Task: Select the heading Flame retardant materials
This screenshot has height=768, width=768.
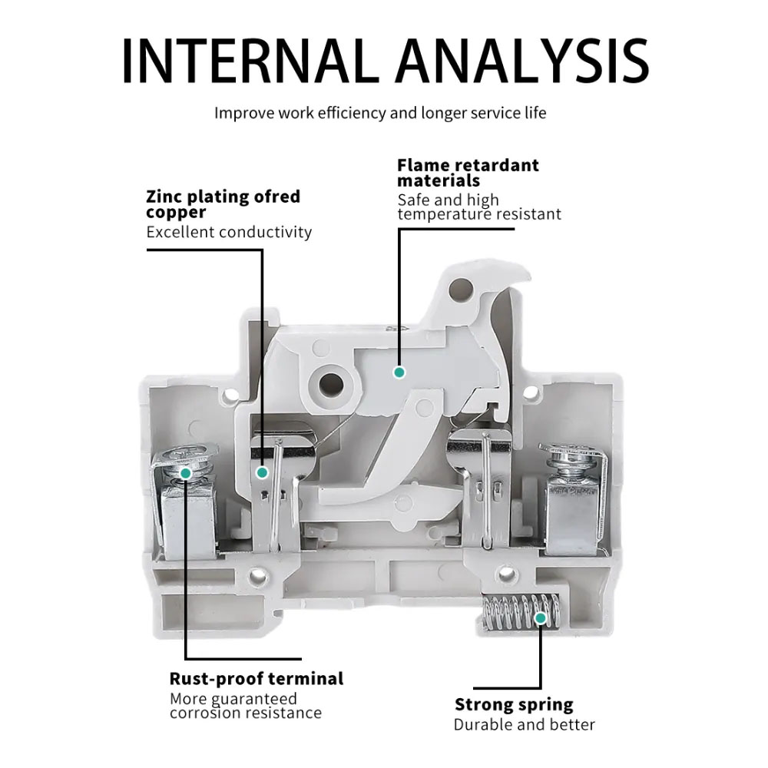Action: [468, 173]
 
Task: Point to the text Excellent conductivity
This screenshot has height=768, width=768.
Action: [229, 232]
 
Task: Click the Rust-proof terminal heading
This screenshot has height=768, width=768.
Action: [256, 679]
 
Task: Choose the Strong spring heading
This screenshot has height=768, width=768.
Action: [513, 705]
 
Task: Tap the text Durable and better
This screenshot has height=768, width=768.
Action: [524, 724]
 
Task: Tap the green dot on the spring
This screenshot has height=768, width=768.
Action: [541, 617]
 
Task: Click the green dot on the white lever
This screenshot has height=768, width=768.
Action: [399, 372]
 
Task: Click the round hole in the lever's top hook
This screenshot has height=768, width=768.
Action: [460, 289]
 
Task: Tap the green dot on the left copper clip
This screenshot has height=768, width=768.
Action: [262, 472]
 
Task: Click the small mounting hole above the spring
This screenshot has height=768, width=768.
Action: [505, 573]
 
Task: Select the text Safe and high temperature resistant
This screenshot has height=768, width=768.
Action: [478, 207]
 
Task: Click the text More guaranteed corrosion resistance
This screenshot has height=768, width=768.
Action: [245, 706]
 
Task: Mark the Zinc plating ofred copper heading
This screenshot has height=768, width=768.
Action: [223, 204]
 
